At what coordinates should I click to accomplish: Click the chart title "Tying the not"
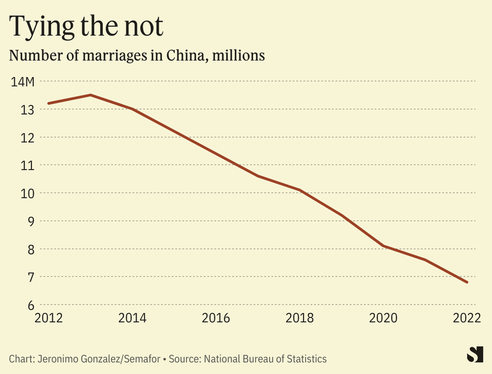click(87, 26)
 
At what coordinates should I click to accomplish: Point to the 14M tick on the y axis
click(23, 81)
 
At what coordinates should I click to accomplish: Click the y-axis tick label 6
click(30, 305)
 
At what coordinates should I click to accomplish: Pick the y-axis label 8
click(30, 250)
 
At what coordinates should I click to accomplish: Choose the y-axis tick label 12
click(26, 137)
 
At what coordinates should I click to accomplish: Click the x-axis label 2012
click(48, 318)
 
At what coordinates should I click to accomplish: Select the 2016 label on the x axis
click(216, 318)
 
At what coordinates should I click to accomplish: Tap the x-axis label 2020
click(384, 318)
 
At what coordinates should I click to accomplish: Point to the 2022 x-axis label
click(467, 318)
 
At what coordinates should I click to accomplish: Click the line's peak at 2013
click(91, 95)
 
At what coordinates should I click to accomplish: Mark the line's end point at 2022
click(467, 282)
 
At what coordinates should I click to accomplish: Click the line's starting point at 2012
click(49, 104)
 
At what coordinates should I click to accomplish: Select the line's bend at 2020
click(384, 246)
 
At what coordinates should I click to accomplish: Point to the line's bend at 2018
click(300, 190)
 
